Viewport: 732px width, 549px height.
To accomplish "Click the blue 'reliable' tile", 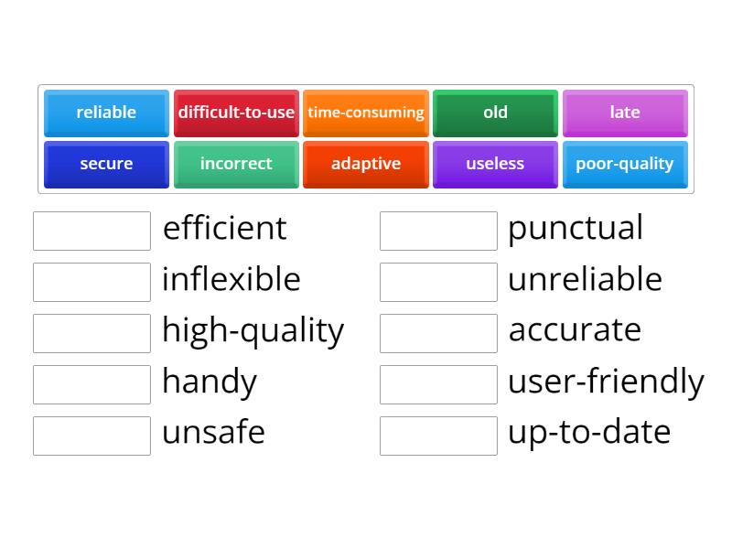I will [106, 113].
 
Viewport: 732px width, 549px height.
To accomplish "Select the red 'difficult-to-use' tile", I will [236, 113].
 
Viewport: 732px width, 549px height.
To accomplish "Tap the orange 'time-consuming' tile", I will [366, 113].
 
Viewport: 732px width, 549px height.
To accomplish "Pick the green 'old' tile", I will [495, 113].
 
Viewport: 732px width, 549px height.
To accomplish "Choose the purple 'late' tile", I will [625, 113].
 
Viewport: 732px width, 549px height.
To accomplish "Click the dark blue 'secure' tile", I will [106, 164].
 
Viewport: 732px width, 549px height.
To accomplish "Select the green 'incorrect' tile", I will [236, 164].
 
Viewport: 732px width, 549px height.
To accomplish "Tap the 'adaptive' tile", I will [366, 164].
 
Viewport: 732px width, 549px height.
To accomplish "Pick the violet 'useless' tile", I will [495, 164].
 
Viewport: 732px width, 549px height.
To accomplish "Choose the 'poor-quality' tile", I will [625, 164].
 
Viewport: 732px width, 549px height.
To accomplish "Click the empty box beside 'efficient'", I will [91, 231].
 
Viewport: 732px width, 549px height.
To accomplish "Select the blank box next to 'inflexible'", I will [91, 282].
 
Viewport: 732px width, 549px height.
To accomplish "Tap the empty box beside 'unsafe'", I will [91, 436].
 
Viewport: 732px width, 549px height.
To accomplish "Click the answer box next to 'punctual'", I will [438, 231].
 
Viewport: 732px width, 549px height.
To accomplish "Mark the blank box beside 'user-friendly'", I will [438, 384].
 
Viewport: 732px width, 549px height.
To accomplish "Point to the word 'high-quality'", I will [253, 331].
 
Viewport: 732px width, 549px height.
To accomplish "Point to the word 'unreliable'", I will [585, 280].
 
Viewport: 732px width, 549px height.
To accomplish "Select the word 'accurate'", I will [575, 330].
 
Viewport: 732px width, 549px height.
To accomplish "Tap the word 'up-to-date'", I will [589, 433].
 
